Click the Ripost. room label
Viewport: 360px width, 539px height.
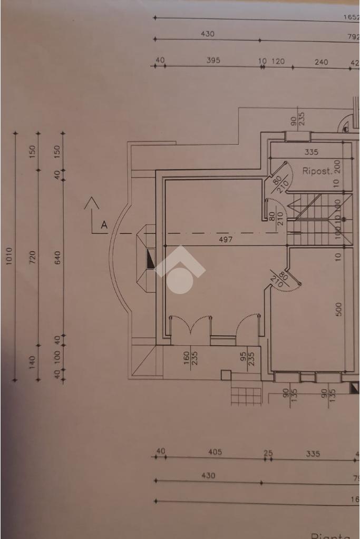(x=317, y=171)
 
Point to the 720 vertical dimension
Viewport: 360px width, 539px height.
(x=33, y=257)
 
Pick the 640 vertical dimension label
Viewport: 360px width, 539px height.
(x=58, y=257)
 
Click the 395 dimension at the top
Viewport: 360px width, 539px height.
(x=213, y=61)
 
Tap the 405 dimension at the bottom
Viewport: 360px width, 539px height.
(x=215, y=452)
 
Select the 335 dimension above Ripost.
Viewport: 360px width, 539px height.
(x=311, y=152)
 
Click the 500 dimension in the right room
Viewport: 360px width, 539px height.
(x=339, y=309)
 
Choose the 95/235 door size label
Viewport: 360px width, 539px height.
(x=247, y=358)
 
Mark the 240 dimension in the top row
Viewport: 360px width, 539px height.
(x=321, y=62)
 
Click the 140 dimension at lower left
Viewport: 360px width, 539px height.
(x=33, y=362)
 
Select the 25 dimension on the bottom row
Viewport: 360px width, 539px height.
(x=269, y=453)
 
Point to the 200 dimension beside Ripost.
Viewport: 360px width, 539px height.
(x=338, y=167)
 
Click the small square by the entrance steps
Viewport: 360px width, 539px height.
(x=226, y=375)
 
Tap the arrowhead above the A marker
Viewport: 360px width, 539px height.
(x=92, y=202)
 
